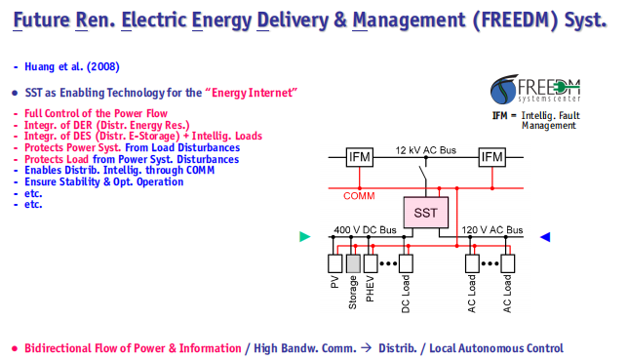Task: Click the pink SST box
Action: (426, 212)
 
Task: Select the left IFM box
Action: (359, 157)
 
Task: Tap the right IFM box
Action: (491, 157)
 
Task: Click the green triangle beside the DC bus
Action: (305, 236)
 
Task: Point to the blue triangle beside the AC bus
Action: (545, 237)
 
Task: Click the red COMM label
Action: (359, 196)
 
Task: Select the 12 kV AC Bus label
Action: (425, 150)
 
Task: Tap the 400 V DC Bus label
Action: (365, 229)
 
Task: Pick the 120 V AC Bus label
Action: (492, 229)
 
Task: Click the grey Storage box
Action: (353, 263)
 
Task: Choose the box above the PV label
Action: (335, 263)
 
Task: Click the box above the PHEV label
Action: (371, 263)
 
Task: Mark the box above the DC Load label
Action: (406, 263)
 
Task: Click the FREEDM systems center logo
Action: (535, 89)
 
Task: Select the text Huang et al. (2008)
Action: (72, 66)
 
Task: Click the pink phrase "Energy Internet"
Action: (252, 93)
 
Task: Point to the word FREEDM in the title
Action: (515, 20)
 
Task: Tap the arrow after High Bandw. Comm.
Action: (366, 348)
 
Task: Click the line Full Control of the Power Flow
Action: (96, 113)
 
